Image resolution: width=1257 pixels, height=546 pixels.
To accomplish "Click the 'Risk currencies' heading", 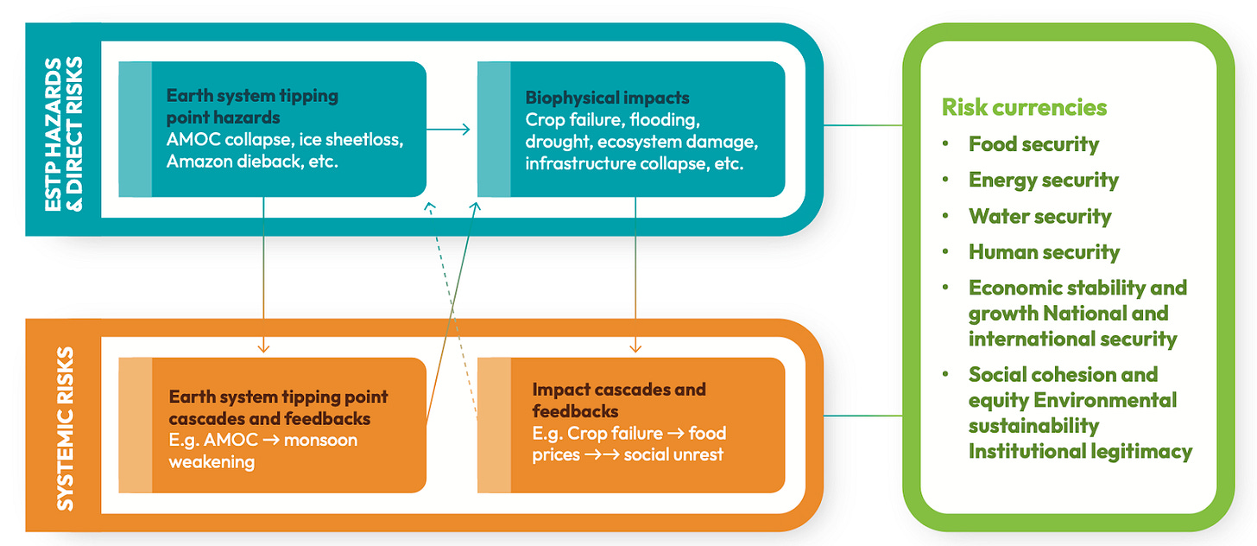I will [x=1024, y=107].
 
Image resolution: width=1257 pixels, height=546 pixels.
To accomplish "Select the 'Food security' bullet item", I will [x=1033, y=144].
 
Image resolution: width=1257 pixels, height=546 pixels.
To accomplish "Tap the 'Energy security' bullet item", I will [x=1043, y=180].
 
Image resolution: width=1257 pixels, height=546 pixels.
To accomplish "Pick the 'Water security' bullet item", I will [x=1039, y=216].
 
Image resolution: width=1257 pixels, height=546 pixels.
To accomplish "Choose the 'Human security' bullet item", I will [x=1044, y=252].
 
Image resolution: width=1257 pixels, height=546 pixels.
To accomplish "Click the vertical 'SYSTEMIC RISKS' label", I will [x=66, y=429].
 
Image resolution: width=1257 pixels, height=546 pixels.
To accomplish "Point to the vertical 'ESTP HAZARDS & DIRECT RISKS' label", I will [x=65, y=130].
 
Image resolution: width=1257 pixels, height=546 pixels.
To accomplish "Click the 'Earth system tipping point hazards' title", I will [x=252, y=106].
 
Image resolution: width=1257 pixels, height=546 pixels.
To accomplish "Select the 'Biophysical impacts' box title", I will [x=607, y=98].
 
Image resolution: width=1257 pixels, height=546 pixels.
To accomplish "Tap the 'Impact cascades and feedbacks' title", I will [x=618, y=400].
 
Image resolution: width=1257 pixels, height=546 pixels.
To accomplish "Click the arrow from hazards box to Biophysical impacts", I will [x=449, y=130].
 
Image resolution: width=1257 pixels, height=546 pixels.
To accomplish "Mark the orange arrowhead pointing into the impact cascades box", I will [x=635, y=348].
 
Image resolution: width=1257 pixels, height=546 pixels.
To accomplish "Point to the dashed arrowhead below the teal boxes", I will [x=429, y=207].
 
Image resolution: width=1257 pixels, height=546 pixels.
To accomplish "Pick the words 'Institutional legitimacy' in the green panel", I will [x=1080, y=451].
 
